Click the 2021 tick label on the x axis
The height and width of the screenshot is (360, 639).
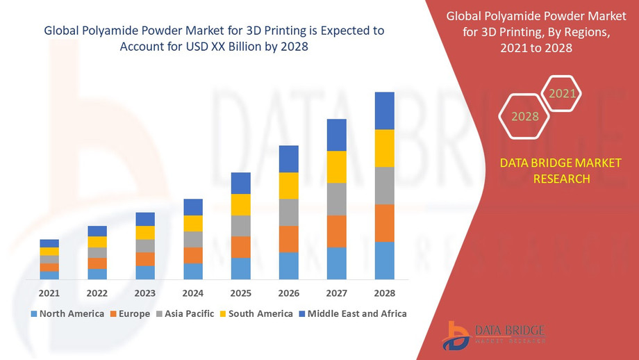(49, 293)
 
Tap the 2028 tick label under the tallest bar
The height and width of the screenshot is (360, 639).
(384, 293)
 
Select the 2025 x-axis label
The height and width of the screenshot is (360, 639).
(241, 293)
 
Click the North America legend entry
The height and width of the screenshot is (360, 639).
(67, 313)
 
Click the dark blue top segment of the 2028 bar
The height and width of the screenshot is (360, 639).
(384, 111)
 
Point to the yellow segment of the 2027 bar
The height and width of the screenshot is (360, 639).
(337, 167)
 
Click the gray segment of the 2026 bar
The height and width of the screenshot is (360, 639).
(289, 212)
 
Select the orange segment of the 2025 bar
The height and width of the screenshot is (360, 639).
(241, 247)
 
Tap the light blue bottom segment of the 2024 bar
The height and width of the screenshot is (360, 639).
(193, 271)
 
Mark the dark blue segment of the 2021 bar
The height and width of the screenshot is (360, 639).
(49, 243)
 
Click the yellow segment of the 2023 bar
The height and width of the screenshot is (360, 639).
(145, 233)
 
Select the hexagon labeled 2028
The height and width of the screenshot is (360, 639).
(525, 116)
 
